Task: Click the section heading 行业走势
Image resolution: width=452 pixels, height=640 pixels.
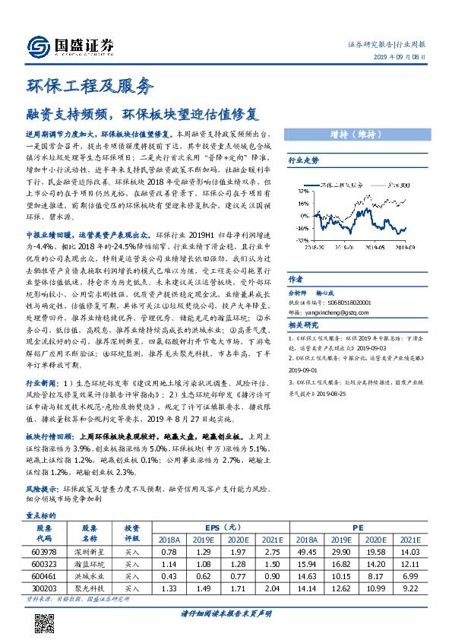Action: [302, 161]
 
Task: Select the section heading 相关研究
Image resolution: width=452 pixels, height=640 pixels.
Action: [302, 324]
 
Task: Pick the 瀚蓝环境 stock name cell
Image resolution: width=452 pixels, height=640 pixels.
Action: [89, 564]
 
